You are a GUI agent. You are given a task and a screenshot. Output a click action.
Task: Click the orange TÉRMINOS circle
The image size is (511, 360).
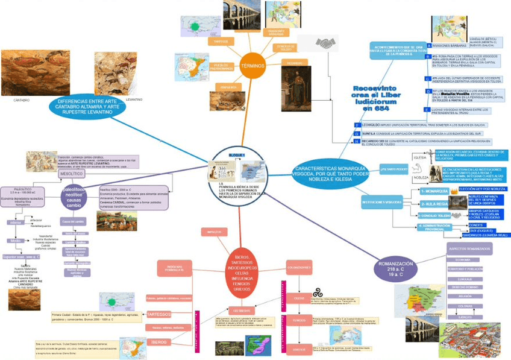click(x=252, y=66)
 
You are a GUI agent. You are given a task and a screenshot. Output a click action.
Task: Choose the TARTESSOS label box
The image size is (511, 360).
click(x=159, y=314)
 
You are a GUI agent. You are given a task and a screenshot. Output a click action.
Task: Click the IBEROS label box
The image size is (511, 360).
click(x=160, y=341)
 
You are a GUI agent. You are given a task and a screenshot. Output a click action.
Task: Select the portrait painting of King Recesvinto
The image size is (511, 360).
click(x=296, y=88)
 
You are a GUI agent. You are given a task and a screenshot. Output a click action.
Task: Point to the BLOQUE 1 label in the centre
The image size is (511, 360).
click(x=237, y=156)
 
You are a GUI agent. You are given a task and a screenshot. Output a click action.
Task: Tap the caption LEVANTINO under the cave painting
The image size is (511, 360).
click(x=134, y=99)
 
